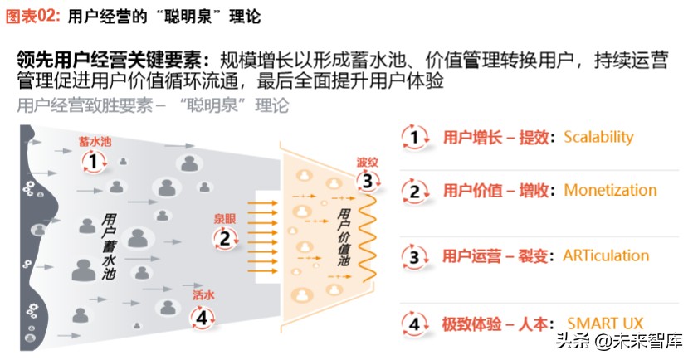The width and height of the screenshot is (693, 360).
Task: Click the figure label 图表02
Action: (x=31, y=16)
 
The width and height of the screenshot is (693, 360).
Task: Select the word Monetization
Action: (x=610, y=190)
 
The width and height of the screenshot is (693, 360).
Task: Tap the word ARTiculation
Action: (x=606, y=255)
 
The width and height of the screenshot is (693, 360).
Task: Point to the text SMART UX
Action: (x=605, y=322)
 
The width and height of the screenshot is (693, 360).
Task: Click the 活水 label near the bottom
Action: (x=203, y=295)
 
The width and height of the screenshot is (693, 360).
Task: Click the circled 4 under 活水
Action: (x=201, y=316)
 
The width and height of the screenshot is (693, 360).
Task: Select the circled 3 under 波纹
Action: (x=366, y=181)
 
